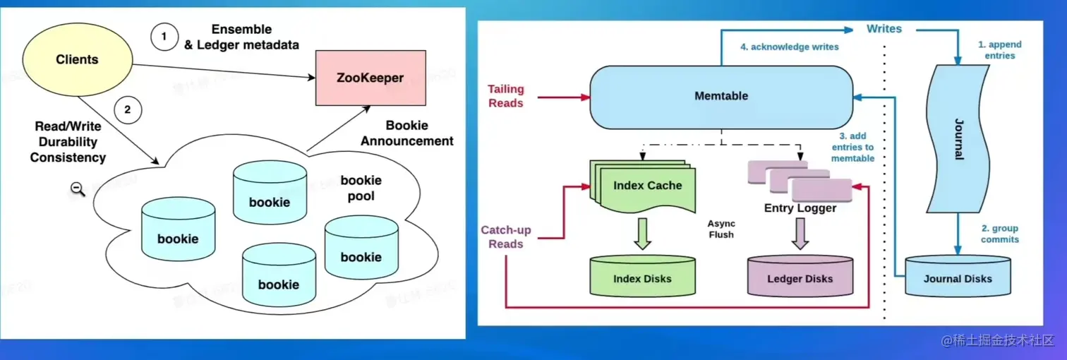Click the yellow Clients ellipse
click(x=78, y=60)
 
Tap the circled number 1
click(x=164, y=37)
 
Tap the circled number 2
click(x=127, y=109)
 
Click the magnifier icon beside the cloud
click(x=78, y=188)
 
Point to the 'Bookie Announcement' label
click(x=406, y=133)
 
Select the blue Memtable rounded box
click(x=721, y=96)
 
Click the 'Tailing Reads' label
click(x=505, y=96)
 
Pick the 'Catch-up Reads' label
click(x=505, y=237)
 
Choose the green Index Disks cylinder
click(x=642, y=277)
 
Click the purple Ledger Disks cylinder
click(x=800, y=277)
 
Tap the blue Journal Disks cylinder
click(x=958, y=277)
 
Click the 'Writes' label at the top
click(x=884, y=29)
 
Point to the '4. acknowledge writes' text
click(x=789, y=47)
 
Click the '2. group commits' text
click(x=999, y=234)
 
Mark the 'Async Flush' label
click(x=721, y=229)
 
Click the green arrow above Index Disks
click(x=642, y=234)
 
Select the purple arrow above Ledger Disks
click(x=800, y=234)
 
